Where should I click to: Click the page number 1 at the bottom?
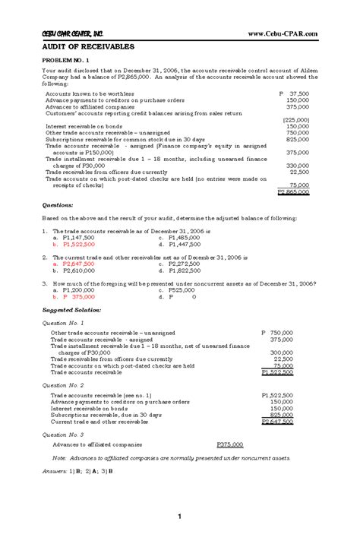(179, 517)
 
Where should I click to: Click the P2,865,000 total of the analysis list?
(293, 193)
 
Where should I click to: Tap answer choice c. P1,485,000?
(179, 238)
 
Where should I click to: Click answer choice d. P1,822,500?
(179, 270)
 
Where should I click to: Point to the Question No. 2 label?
(65, 385)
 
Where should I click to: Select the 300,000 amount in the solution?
(282, 352)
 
